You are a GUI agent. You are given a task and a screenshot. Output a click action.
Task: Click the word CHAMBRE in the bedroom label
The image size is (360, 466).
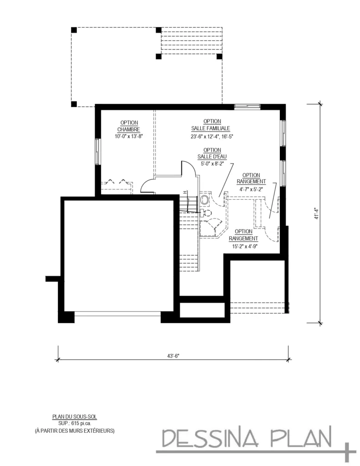click(x=130, y=129)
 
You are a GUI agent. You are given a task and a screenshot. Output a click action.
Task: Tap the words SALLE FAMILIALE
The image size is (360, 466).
click(x=212, y=128)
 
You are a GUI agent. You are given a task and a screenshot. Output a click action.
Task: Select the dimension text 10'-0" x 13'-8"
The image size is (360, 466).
click(x=130, y=136)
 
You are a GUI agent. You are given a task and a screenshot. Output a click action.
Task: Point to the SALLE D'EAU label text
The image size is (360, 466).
click(x=212, y=157)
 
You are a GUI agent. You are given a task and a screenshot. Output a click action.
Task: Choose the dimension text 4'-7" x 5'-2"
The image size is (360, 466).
click(x=251, y=188)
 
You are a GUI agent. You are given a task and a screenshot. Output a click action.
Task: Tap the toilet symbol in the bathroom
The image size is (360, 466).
click(x=208, y=213)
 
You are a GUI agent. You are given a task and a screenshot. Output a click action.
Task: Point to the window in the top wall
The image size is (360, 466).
click(x=247, y=106)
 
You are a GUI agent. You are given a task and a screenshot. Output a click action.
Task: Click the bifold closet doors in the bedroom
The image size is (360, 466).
click(x=116, y=182)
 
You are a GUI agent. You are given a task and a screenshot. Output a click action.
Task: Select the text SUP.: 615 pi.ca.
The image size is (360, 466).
click(x=74, y=423)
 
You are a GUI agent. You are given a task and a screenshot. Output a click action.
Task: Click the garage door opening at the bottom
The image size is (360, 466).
click(x=118, y=314)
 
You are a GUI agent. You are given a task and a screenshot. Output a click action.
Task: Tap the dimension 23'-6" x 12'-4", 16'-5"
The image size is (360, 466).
click(x=212, y=136)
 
